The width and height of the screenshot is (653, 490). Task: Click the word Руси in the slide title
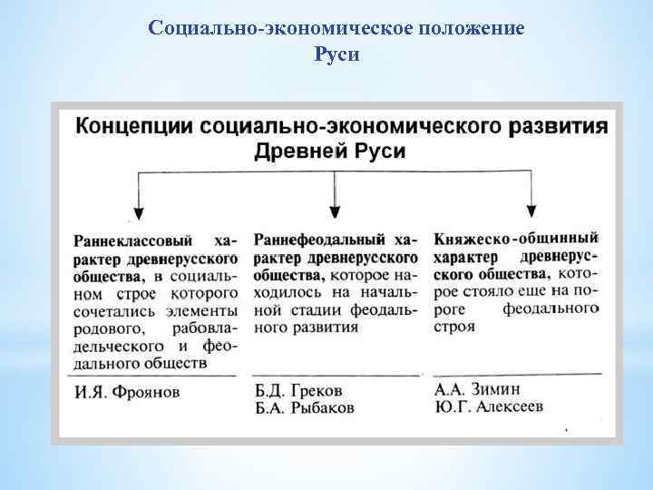tap(336, 55)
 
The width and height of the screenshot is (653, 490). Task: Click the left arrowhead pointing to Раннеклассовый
tap(137, 214)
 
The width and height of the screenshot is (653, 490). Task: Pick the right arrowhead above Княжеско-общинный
tap(531, 209)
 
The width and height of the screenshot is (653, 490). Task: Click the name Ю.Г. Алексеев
tap(489, 406)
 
